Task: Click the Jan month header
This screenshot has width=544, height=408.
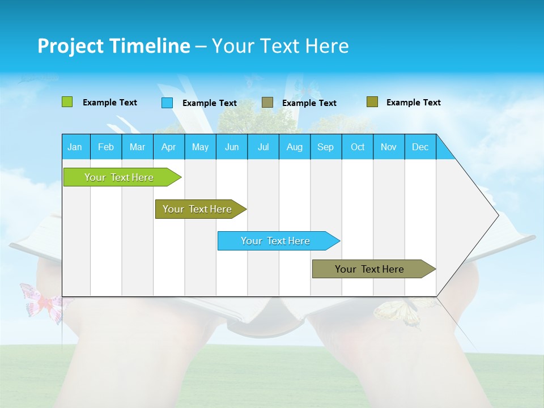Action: point(75,147)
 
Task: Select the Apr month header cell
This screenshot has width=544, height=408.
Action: point(169,147)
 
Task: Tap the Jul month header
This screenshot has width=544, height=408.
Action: point(263,147)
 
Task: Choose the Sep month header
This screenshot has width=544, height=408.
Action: point(326,147)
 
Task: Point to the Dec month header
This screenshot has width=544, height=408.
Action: point(420,147)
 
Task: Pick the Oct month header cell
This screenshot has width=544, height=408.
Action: point(358,147)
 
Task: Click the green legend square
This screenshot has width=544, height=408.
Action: point(67,102)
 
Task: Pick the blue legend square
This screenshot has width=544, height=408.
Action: point(167,103)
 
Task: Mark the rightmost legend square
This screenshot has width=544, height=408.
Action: point(372,102)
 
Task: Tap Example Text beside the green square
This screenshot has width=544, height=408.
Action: point(110,103)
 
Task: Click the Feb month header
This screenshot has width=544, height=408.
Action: point(106,147)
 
